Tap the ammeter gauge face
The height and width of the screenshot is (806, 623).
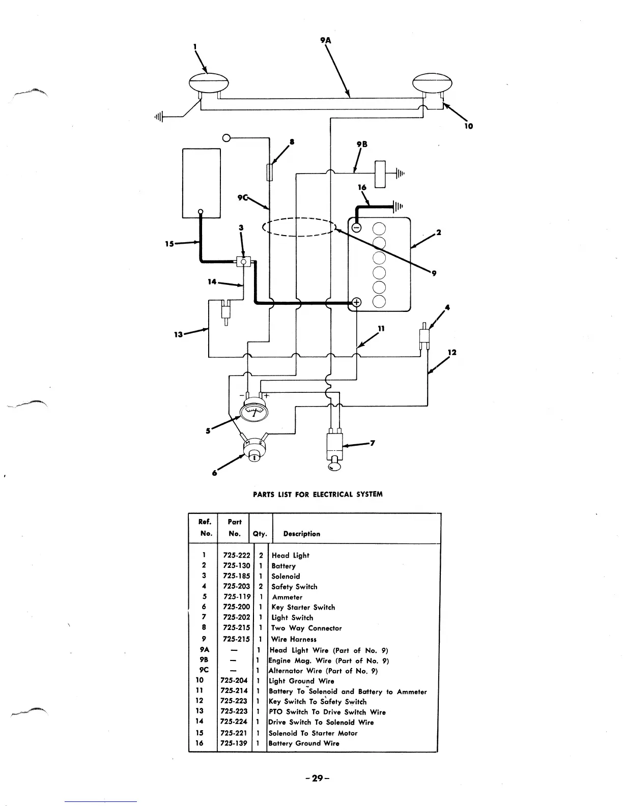pos(253,410)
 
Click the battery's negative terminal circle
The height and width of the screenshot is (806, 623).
pos(357,227)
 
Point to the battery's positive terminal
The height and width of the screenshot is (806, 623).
pos(356,302)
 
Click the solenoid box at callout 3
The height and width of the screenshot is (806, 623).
pos(244,262)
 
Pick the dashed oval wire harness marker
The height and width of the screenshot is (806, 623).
pos(299,227)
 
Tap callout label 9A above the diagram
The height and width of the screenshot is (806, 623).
pos(326,40)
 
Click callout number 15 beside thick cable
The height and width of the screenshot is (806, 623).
pos(170,244)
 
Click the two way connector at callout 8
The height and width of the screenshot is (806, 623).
pos(270,171)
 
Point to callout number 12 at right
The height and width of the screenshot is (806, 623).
pos(452,352)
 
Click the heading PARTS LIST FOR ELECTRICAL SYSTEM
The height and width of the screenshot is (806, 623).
pos(318,494)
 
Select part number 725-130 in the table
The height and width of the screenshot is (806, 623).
pos(237,566)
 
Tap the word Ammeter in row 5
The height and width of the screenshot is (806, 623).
pos(287,597)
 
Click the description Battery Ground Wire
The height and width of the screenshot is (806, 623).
pos(304,743)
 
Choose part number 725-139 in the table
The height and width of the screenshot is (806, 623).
pos(234,743)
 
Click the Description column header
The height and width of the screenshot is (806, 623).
pos(302,534)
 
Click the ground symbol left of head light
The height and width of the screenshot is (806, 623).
pos(159,117)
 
